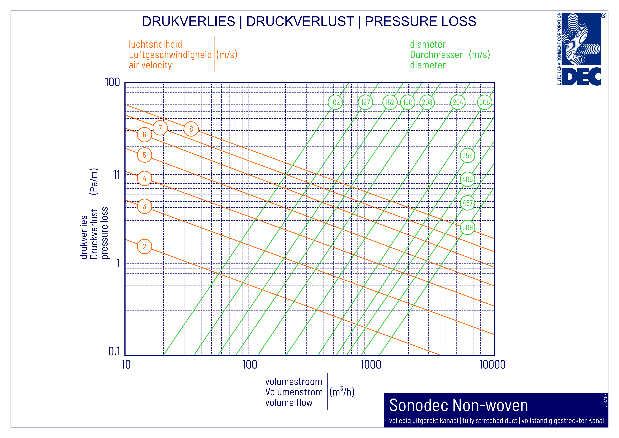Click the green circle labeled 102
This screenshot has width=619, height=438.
(x=335, y=102)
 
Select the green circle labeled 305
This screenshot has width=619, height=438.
(x=485, y=102)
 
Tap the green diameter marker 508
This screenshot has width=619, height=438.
(x=467, y=227)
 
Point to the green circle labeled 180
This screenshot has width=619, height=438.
(x=407, y=102)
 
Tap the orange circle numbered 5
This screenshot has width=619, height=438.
(x=145, y=155)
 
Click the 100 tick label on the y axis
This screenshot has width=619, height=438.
(x=112, y=82)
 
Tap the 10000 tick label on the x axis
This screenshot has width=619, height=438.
(x=492, y=365)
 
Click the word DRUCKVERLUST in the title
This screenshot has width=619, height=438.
(x=300, y=21)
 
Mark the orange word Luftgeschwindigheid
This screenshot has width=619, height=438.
(x=170, y=55)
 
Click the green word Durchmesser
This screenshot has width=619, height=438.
(x=436, y=55)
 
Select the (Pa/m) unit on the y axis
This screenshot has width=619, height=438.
(x=94, y=181)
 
